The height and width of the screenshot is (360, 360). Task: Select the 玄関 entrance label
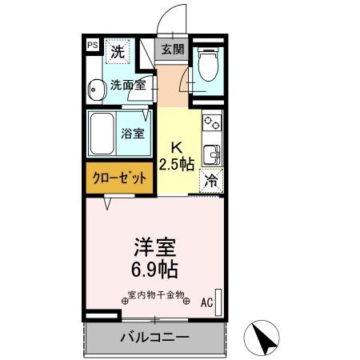(x=172, y=50)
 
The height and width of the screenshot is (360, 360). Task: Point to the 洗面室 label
(x=126, y=84)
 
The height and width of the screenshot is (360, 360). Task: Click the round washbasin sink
(x=96, y=90)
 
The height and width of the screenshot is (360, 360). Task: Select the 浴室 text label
(x=133, y=134)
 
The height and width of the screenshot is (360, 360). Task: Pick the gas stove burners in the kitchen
(x=212, y=123)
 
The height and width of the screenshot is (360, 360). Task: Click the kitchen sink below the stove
(x=211, y=153)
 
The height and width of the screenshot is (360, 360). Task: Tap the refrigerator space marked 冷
(x=211, y=181)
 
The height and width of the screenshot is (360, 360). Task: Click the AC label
(x=206, y=302)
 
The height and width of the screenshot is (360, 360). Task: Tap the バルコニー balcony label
(x=155, y=337)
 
